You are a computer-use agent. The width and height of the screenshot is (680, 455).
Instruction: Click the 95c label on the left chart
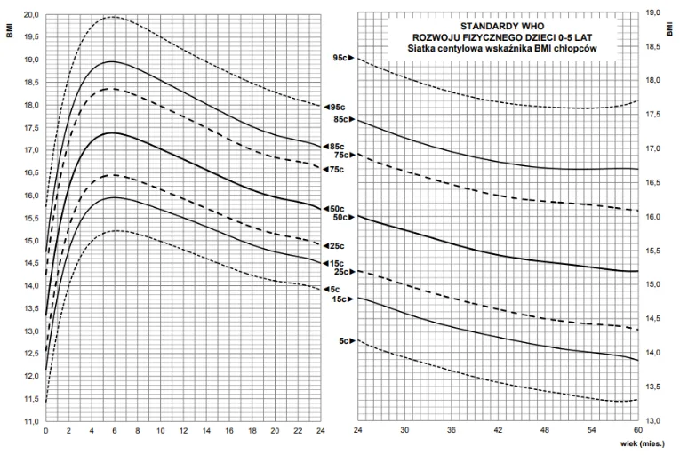[335, 108]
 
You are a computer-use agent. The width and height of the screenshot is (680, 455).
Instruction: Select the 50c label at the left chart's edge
[335, 209]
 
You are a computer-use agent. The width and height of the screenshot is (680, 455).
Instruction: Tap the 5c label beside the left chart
[333, 289]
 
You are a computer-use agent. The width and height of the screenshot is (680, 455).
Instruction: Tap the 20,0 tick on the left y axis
[30, 15]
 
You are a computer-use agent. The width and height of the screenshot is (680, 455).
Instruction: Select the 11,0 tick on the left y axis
[30, 421]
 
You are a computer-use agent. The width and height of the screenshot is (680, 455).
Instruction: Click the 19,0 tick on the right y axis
[652, 12]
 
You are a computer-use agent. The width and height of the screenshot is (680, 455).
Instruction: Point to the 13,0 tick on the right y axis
[652, 420]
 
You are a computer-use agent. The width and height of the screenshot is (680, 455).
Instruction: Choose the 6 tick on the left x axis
[115, 432]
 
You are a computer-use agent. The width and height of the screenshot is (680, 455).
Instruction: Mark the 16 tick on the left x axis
[229, 432]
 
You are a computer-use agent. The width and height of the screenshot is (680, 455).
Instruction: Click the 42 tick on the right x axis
[495, 432]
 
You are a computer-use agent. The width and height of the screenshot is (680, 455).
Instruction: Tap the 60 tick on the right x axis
[638, 432]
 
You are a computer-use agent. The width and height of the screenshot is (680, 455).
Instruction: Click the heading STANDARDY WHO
[497, 28]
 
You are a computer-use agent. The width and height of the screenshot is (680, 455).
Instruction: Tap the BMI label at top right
[669, 29]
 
